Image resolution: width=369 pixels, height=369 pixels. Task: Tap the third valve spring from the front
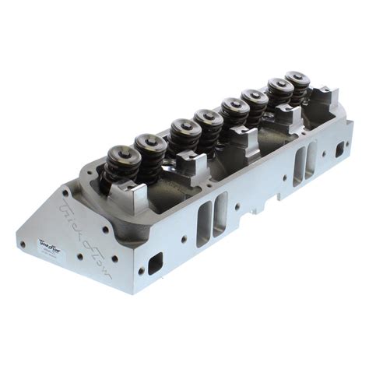click(184, 137)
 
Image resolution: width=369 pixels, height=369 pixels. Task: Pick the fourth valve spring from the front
click(209, 128)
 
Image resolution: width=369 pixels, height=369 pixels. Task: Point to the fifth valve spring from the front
click(234, 114)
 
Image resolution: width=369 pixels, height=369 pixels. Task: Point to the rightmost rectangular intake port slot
click(311, 161)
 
